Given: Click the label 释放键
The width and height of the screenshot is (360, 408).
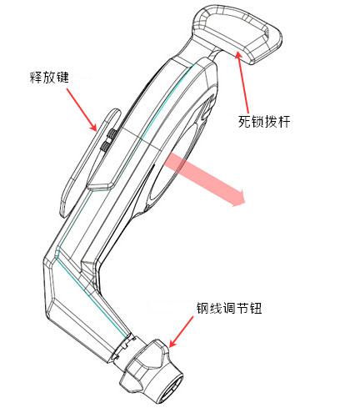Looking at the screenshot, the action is (49, 77).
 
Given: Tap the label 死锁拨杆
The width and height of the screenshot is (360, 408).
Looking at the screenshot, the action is (264, 121).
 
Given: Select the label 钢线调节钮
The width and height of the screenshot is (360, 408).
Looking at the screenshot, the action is (229, 308).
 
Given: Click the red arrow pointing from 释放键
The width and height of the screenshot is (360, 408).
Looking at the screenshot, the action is (82, 109).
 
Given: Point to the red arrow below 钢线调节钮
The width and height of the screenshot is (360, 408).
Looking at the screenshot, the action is (181, 331).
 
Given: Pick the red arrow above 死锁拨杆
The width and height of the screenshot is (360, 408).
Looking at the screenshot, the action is (242, 81).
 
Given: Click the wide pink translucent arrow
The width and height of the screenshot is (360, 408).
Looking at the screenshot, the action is (204, 179).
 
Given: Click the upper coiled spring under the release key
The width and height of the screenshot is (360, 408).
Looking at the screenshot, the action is (112, 134).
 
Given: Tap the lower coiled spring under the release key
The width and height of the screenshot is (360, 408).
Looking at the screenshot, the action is (106, 146).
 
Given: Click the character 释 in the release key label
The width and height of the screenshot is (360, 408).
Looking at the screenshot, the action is (36, 77).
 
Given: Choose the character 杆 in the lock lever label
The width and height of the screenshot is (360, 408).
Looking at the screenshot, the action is (284, 121).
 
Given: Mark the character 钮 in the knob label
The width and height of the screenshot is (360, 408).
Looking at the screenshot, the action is (256, 308).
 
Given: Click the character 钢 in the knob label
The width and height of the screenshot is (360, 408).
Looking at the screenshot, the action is (203, 308).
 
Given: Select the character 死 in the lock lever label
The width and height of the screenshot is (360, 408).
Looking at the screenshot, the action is (245, 121).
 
